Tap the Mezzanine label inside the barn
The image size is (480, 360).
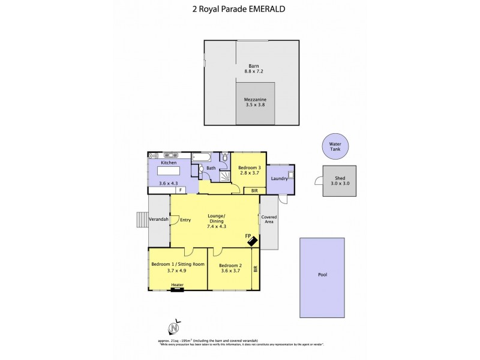point(254,98)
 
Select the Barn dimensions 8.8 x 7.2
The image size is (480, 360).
point(254,71)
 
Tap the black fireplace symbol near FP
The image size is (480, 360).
point(253,241)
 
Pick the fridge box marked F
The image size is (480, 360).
point(178,190)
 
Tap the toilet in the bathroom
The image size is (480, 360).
point(224,158)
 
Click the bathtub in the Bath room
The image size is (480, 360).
point(201,157)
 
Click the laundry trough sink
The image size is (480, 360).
point(290,176)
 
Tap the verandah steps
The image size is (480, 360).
point(141,220)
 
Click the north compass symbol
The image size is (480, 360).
point(173,328)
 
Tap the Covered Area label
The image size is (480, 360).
point(269,219)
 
